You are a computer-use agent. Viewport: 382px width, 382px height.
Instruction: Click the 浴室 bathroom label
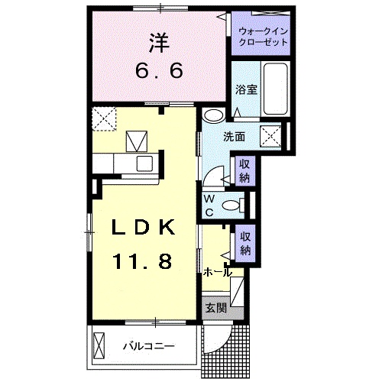click(245, 89)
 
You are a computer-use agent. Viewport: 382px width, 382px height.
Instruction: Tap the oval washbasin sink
click(213, 115)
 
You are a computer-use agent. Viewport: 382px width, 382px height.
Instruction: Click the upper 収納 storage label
click(244, 173)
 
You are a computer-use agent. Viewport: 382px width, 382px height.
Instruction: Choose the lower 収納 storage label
click(244, 244)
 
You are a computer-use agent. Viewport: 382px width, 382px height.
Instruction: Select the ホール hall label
click(217, 272)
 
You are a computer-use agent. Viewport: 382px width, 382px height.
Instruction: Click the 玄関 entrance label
click(216, 309)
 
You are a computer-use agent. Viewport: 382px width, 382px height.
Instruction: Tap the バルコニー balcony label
click(149, 346)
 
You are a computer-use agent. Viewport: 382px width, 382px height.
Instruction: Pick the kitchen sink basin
click(144, 163)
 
